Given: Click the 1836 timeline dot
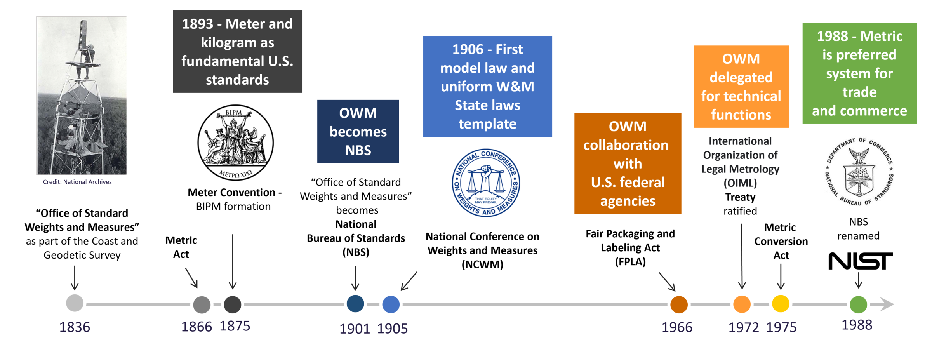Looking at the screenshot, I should (75, 303).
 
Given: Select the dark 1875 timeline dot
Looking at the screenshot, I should (233, 304).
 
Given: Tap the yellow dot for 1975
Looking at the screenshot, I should (781, 304).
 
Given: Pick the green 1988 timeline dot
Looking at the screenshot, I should (858, 304).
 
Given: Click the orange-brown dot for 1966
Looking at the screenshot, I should (679, 304).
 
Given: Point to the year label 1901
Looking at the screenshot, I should (355, 329).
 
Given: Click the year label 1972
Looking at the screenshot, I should (743, 327).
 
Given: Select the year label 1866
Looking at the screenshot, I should (196, 327).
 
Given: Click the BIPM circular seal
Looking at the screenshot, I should (235, 143).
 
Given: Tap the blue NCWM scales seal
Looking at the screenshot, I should (486, 183).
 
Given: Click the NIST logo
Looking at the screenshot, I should (860, 261).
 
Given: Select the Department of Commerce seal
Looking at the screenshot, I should (859, 172).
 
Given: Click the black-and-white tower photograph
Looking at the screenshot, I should (82, 96).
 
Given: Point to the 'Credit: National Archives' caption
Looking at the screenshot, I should (77, 182).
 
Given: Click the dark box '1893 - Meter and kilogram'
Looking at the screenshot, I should (237, 52).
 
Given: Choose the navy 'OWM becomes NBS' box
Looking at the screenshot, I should (358, 132).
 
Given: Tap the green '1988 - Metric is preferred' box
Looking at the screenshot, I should (859, 73).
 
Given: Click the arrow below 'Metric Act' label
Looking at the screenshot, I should (191, 278).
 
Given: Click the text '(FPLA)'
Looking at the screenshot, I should (630, 262).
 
